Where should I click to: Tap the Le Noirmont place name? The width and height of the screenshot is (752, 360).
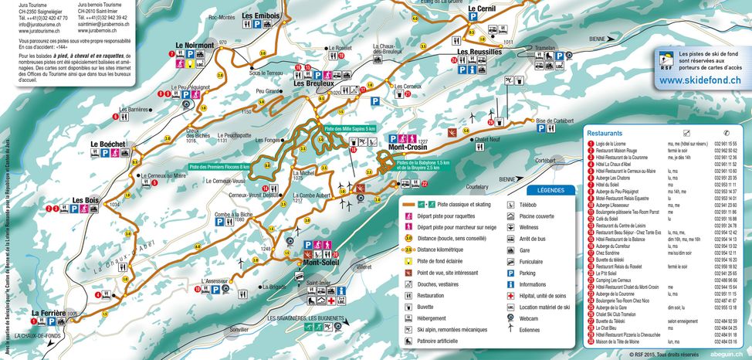click(x=195, y=46)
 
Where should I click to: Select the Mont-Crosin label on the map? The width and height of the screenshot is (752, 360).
click(x=408, y=147)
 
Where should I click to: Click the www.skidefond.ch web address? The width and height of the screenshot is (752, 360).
click(x=701, y=80)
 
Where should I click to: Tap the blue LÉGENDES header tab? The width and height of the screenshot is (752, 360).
click(x=550, y=190)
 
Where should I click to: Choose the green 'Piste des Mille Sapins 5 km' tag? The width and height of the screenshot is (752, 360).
click(x=349, y=128)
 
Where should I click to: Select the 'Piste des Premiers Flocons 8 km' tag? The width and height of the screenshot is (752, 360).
click(x=220, y=166)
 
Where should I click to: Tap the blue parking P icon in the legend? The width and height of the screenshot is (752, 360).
click(x=512, y=273)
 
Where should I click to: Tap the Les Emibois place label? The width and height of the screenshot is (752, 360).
click(x=260, y=15)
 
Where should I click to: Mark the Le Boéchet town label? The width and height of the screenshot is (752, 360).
click(x=107, y=144)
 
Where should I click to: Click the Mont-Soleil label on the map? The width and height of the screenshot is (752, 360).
click(x=321, y=263)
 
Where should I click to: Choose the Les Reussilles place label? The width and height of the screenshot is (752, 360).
click(x=479, y=52)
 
